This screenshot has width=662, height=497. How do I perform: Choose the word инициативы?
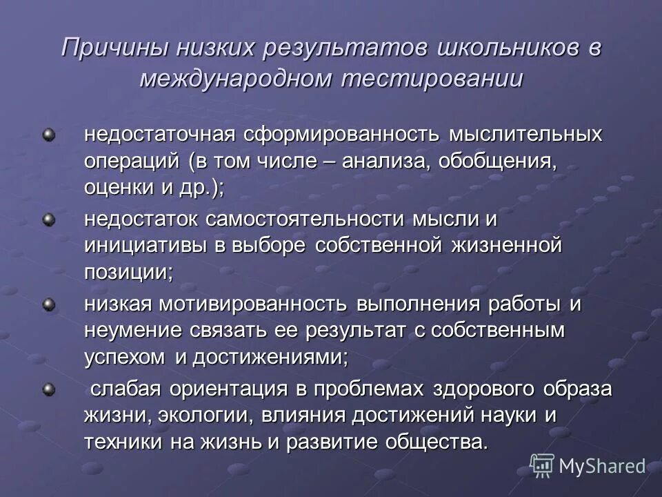pyautogui.click(x=147, y=246)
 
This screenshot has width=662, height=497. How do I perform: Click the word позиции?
pyautogui.click(x=128, y=272)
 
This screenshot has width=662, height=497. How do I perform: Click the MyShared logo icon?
pyautogui.click(x=542, y=466)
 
